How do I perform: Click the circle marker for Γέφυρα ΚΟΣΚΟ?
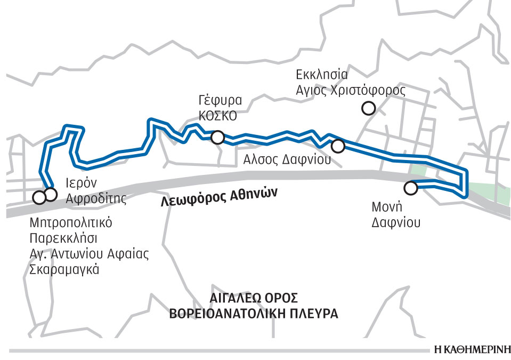tap(217, 138)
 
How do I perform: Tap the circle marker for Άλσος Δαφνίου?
tap(338, 146)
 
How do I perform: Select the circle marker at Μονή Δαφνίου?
tap(410, 188)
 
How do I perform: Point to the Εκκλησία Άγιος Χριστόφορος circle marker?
tap(368, 109)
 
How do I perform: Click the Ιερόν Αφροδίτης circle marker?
tap(50, 194)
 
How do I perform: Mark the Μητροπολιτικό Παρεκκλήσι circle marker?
tap(39, 198)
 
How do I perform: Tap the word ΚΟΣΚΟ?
tap(218, 116)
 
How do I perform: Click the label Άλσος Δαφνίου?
tap(287, 159)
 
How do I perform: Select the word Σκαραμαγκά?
tap(64, 269)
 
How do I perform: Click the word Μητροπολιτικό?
tap(71, 221)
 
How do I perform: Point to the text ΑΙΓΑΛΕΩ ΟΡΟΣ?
tap(254, 298)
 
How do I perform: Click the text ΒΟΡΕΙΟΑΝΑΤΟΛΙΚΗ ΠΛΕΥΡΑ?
tap(254, 313)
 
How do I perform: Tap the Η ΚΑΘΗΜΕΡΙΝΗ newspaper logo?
tap(468, 350)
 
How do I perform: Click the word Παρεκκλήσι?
tap(63, 237)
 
